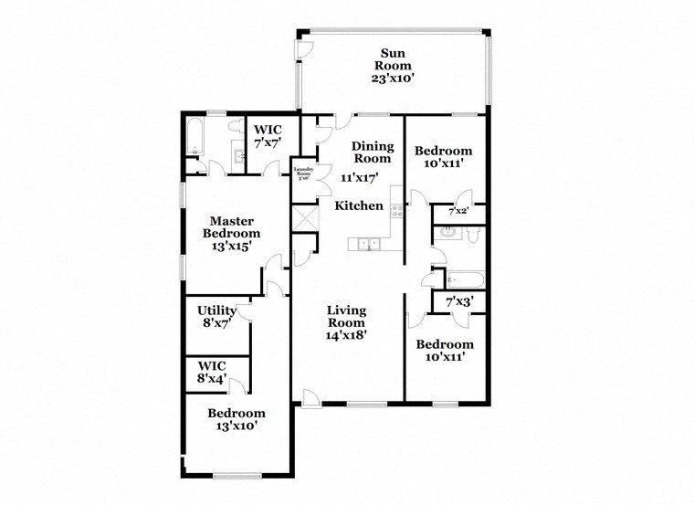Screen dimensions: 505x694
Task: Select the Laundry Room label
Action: coord(302,172)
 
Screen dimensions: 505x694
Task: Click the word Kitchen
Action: coord(359,205)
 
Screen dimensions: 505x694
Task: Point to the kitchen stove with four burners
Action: coord(396,209)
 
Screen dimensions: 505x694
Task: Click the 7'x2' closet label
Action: coord(457,212)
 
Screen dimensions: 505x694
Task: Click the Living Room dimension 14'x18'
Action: coord(347,334)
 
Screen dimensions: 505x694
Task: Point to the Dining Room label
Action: coord(373,152)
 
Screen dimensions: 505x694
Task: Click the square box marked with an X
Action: coord(302,218)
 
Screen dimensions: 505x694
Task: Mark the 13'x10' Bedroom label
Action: coord(236,419)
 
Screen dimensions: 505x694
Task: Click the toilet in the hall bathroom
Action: coord(472,236)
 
